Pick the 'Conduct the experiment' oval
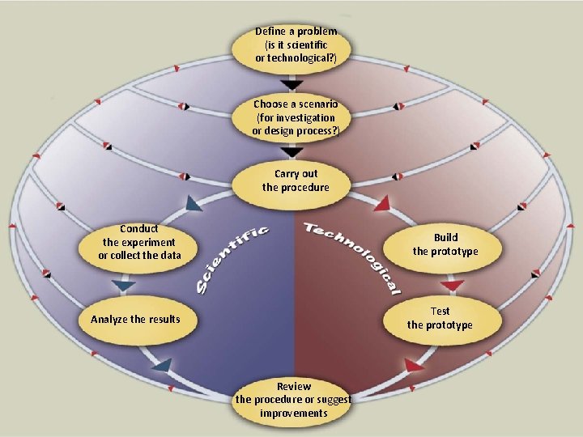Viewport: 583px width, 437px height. [138, 243]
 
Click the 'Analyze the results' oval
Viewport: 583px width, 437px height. [136, 319]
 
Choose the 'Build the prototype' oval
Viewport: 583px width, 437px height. [445, 244]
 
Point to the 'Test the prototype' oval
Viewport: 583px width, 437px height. [440, 318]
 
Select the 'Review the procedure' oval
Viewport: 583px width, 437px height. [293, 400]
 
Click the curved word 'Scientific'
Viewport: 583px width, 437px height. [230, 258]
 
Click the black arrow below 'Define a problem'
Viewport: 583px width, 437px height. [292, 84]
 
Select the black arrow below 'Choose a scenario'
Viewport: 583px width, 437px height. [292, 152]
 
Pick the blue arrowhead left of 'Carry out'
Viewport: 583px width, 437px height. [194, 204]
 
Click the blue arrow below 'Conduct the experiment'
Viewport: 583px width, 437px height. [123, 286]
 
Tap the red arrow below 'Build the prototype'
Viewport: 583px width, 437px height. [452, 286]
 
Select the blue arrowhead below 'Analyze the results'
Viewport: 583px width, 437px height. [161, 365]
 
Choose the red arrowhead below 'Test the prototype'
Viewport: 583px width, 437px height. [415, 365]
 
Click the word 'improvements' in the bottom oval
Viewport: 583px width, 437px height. [293, 414]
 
